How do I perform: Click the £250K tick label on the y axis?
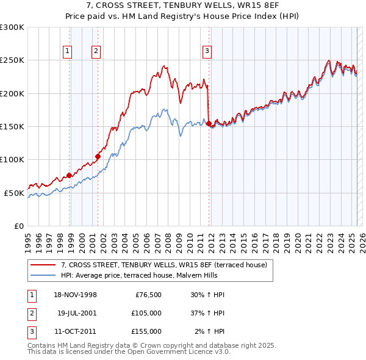coord(12,60)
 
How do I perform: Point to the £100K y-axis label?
coord(12,160)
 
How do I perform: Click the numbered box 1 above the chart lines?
coord(66,51)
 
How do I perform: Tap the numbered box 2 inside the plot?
coord(96,51)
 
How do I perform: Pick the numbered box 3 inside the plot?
coord(207,51)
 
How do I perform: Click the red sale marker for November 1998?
coord(70,175)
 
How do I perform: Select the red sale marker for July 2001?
coord(98,156)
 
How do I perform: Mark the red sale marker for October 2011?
coord(209,123)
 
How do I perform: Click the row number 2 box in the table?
coord(30,313)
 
